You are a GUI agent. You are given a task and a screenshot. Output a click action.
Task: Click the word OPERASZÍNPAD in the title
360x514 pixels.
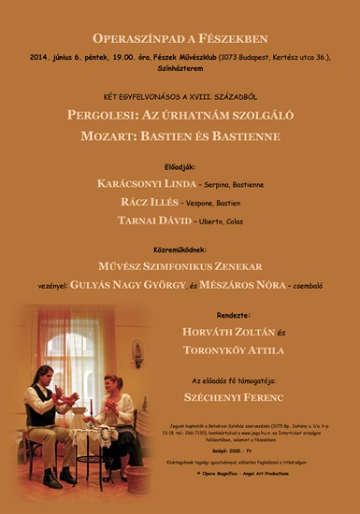(x=135, y=38)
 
